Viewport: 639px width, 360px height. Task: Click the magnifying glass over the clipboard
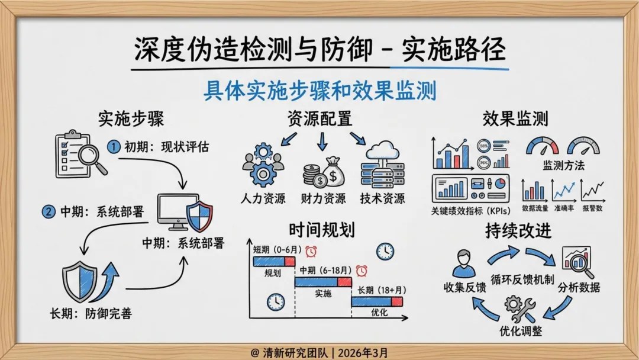coord(92,157)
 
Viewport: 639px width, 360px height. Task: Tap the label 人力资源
coord(264,198)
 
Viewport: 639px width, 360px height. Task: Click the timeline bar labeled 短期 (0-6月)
coord(269,261)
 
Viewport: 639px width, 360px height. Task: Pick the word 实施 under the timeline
coord(323,292)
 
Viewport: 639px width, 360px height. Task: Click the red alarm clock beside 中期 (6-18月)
coord(361,271)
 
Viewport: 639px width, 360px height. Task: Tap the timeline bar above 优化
coord(377,302)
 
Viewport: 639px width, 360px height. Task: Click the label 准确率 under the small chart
coord(564,208)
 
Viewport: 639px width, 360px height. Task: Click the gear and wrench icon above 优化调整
coord(520,308)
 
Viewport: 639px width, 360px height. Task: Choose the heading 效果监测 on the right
coord(515,118)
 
